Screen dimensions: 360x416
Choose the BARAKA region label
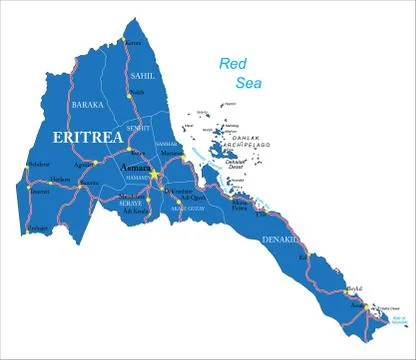(86, 103)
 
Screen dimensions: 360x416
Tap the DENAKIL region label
(280, 240)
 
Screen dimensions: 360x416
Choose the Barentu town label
(89, 184)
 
